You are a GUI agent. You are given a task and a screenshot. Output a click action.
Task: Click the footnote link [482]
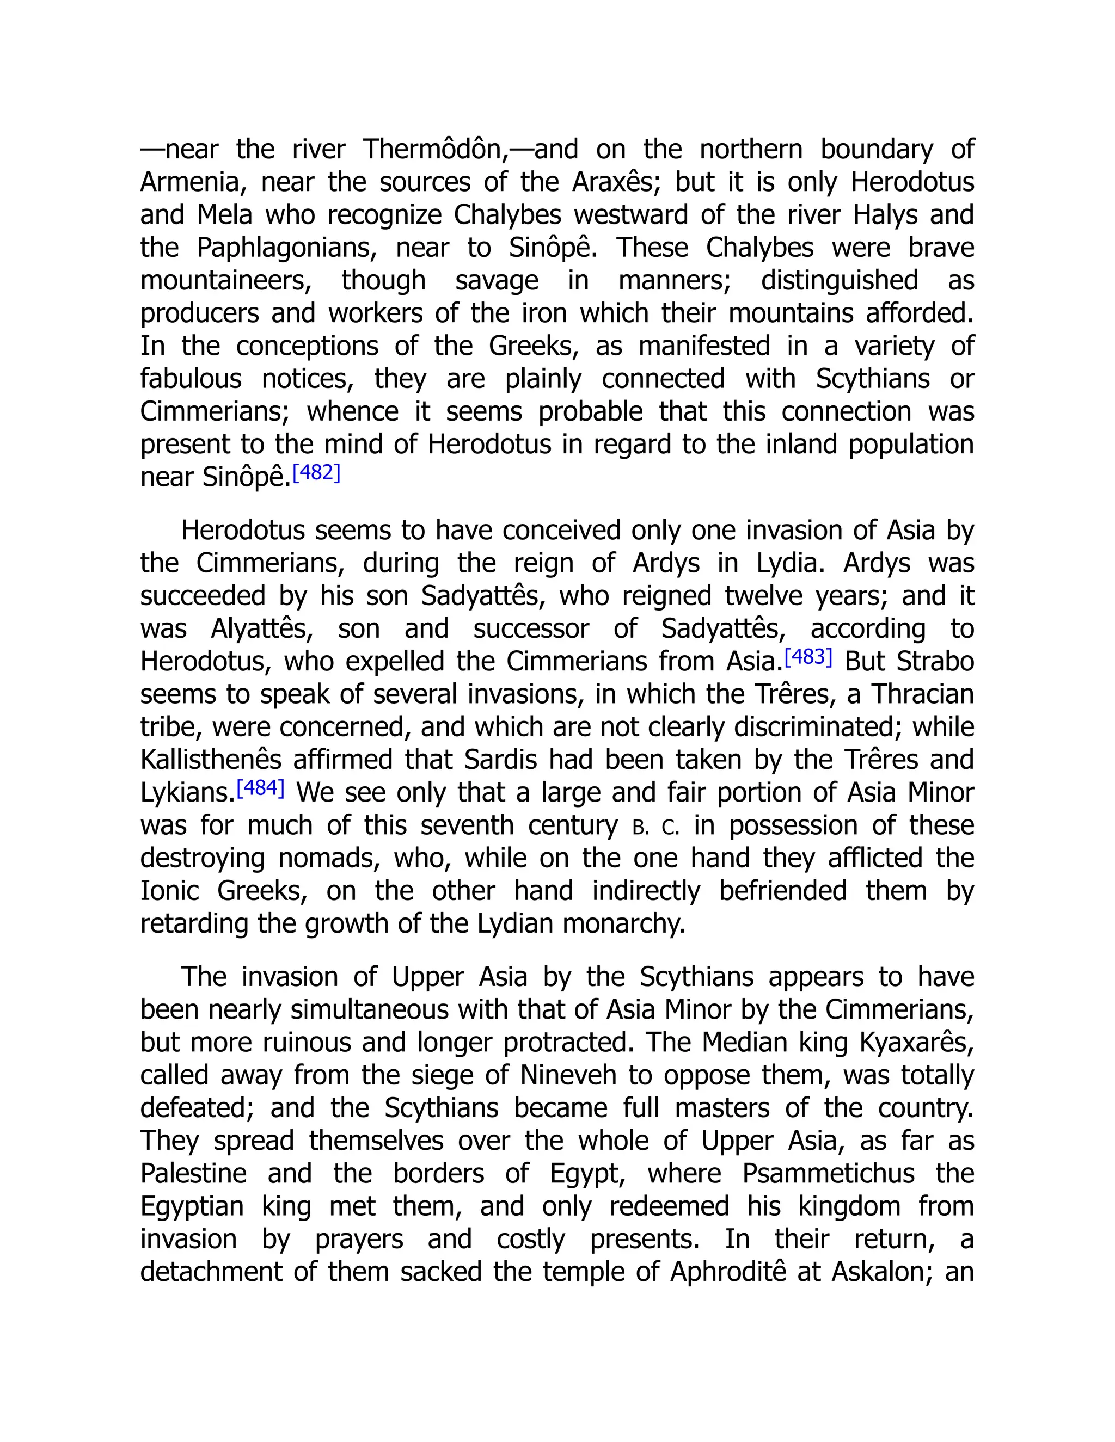coord(316,473)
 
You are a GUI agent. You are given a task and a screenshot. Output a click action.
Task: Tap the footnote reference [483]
coord(808,657)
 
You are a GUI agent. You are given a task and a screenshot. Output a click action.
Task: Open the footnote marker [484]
coord(260,788)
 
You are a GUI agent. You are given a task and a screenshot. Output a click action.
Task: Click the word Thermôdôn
coord(436,150)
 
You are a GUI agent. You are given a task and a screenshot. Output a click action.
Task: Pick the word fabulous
coord(190,379)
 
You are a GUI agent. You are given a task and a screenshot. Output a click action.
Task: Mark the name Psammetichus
coord(828,1174)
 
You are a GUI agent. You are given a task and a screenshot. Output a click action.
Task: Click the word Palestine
coord(193,1174)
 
